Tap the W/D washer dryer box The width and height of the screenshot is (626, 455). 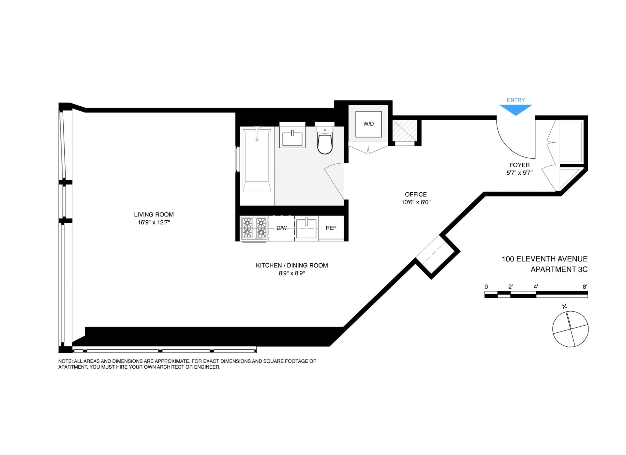pyautogui.click(x=368, y=124)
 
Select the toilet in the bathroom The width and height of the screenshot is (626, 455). pyautogui.click(x=325, y=140)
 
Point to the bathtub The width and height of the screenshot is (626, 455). pyautogui.click(x=257, y=160)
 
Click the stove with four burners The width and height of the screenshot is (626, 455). pyautogui.click(x=254, y=228)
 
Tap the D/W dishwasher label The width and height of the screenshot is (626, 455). pyautogui.click(x=282, y=228)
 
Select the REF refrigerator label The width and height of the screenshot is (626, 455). pyautogui.click(x=331, y=228)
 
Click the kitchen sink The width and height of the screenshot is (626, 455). pyautogui.click(x=306, y=228)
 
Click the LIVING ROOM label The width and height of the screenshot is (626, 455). pyautogui.click(x=154, y=214)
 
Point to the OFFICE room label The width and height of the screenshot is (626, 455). pyautogui.click(x=416, y=194)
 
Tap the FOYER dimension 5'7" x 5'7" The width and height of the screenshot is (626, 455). pyautogui.click(x=519, y=173)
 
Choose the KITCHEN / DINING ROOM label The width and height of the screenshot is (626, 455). pyautogui.click(x=292, y=265)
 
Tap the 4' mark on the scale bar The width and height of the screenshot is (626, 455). pyautogui.click(x=536, y=287)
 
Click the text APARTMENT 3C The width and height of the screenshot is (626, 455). pyautogui.click(x=559, y=270)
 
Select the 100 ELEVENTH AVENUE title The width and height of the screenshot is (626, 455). pyautogui.click(x=544, y=259)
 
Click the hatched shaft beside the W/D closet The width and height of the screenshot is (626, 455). pyautogui.click(x=404, y=131)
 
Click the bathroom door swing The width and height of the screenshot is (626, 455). pyautogui.click(x=332, y=179)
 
